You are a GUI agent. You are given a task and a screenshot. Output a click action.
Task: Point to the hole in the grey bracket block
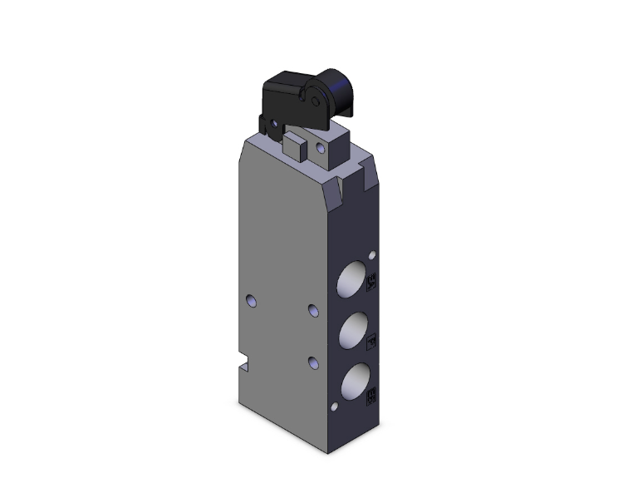point(320,151)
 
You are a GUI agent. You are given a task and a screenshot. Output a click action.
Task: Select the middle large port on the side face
point(350,332)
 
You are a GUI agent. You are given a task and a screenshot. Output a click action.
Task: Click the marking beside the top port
point(371,283)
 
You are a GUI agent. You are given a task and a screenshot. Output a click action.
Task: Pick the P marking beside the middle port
point(371,341)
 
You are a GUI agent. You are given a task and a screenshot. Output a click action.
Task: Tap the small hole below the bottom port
point(333,408)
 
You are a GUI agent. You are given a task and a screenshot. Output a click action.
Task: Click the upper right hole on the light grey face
point(311,310)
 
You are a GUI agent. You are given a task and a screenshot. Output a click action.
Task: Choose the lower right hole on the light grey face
point(311,362)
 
